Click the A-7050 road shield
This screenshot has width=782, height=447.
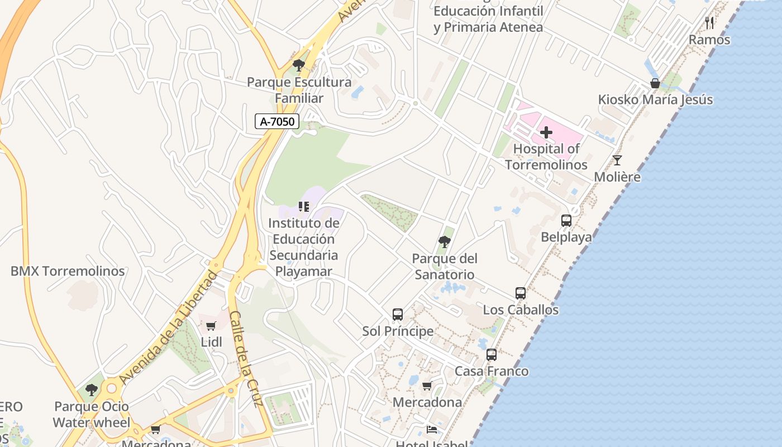277,121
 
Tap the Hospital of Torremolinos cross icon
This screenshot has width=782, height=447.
546,133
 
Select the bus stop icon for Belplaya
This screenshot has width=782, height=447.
566,221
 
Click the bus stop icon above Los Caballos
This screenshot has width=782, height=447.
521,293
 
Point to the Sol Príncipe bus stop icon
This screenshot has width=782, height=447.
398,315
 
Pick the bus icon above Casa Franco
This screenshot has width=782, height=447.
492,355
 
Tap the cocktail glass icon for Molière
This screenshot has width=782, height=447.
617,160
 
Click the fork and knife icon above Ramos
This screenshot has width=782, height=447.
709,23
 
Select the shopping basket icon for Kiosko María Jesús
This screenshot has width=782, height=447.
655,84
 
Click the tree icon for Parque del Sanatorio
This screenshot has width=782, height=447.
445,242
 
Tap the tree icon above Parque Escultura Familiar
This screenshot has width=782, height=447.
299,65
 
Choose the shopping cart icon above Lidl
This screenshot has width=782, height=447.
211,326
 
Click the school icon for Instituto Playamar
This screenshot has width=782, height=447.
304,207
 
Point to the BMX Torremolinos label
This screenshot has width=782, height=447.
68,272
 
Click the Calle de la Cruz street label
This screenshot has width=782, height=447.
246,359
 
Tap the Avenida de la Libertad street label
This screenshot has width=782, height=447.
168,327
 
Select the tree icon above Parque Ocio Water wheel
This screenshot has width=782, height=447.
92,390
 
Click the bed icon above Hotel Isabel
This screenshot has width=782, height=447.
432,429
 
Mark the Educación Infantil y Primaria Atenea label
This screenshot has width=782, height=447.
488,19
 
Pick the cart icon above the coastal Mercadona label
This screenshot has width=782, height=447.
427,386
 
